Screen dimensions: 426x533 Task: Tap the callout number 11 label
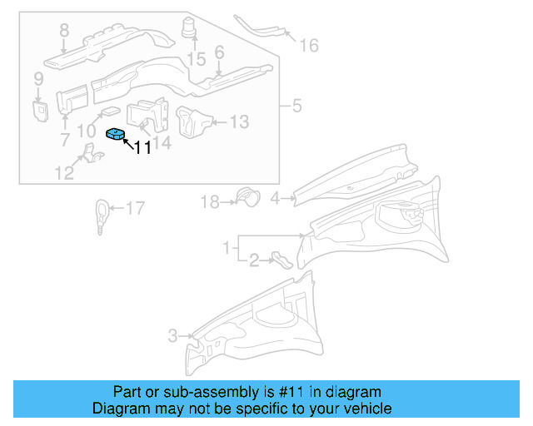pos(142,148)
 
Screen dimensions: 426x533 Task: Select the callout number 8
pos(64,32)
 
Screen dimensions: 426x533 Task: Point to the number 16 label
pos(309,45)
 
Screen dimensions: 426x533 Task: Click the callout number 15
pos(196,59)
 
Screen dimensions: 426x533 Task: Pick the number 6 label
pos(219,52)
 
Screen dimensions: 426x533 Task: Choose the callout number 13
pos(238,122)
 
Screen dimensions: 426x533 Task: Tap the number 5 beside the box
pos(296,106)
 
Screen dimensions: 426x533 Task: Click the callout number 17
pos(134,208)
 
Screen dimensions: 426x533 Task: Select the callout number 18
pos(209,201)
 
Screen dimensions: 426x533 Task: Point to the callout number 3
pos(172,336)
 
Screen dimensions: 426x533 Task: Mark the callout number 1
pos(226,248)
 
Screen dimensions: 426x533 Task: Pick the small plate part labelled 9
pos(39,110)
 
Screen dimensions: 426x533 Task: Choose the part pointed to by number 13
pos(194,121)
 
